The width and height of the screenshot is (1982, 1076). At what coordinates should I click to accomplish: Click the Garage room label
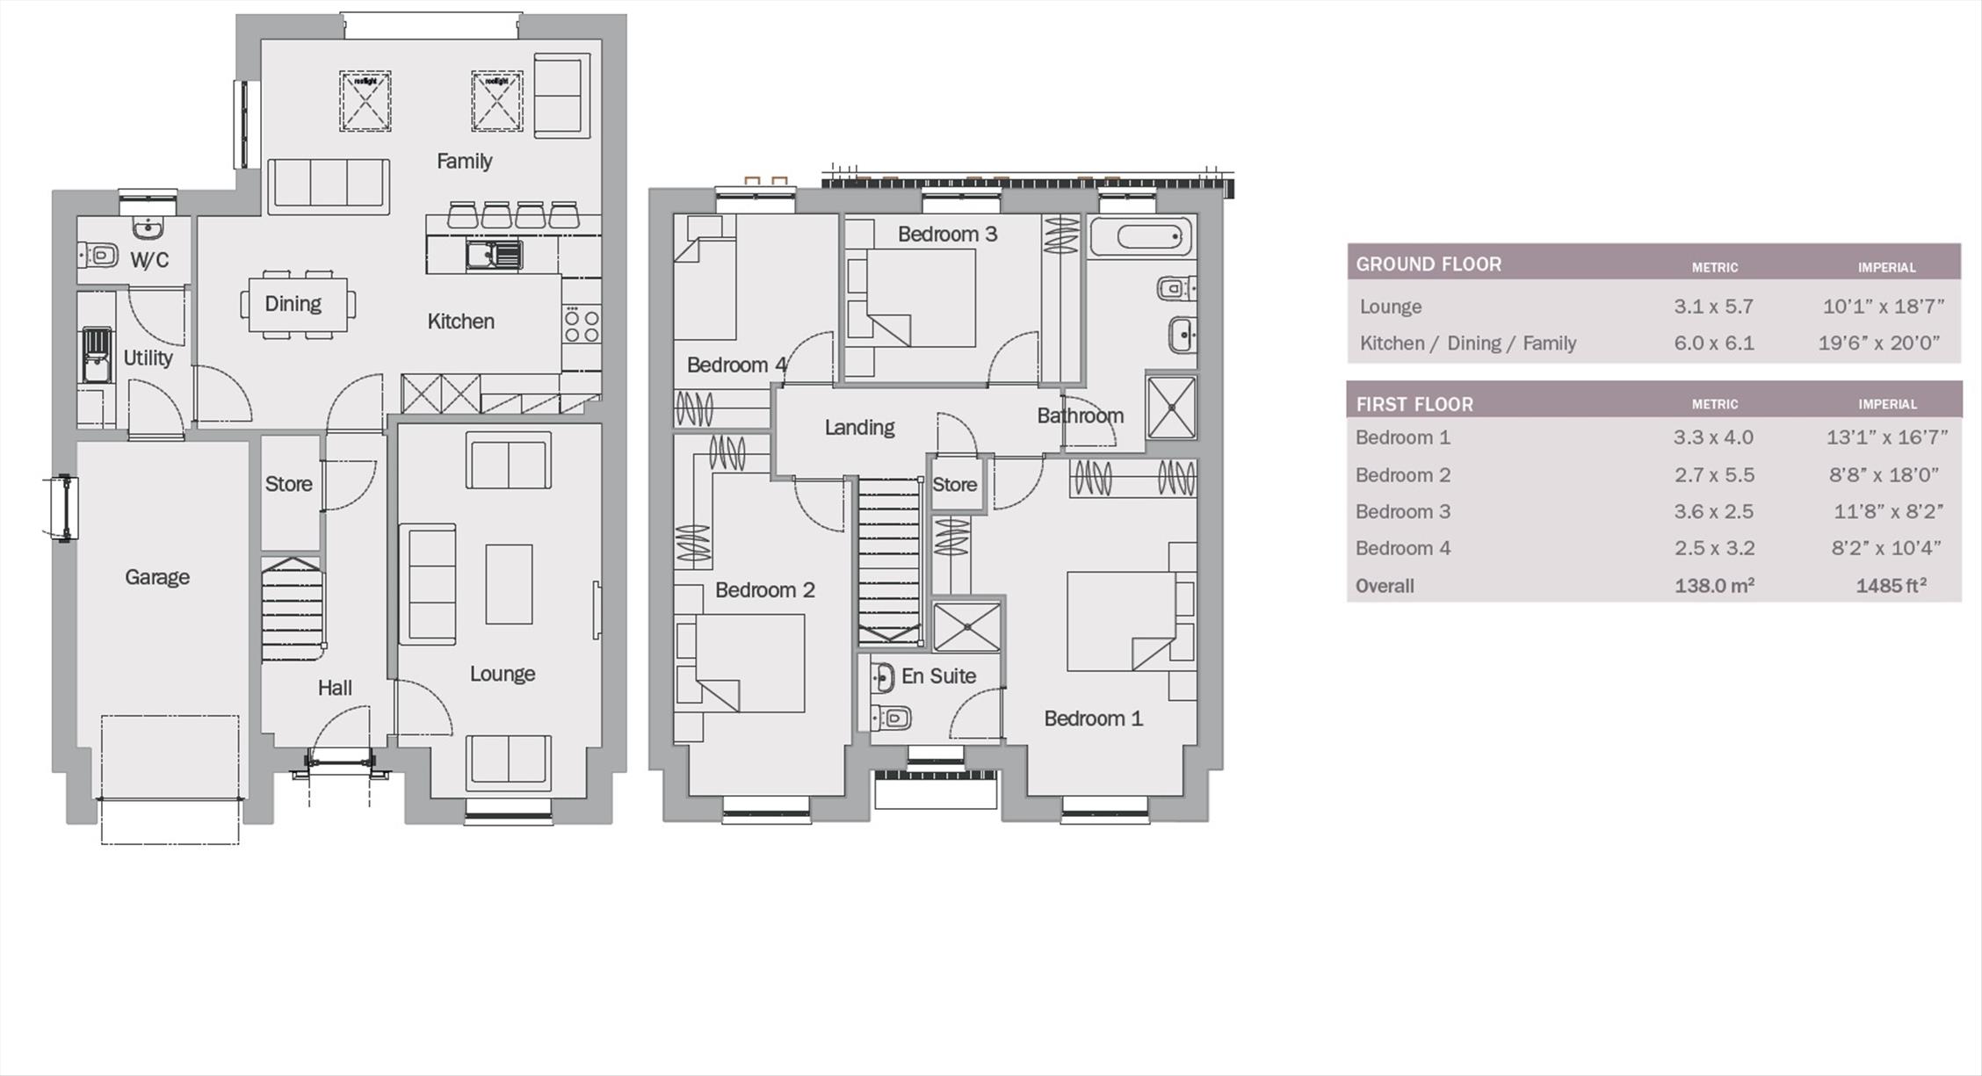[x=157, y=577]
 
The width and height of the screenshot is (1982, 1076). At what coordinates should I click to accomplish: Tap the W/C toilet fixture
[x=98, y=256]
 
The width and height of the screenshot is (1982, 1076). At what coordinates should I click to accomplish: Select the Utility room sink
[x=97, y=355]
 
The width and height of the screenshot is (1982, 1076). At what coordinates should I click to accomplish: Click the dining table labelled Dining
[x=298, y=305]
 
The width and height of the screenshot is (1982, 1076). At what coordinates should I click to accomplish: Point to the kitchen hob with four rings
[x=582, y=324]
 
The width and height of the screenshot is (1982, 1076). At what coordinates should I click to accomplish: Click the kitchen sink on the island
[x=495, y=255]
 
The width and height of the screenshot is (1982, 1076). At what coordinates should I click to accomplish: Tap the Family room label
[x=464, y=161]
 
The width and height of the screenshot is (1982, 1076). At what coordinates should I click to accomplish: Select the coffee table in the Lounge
[x=509, y=584]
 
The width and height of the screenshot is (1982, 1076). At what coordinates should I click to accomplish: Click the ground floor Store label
[x=289, y=484]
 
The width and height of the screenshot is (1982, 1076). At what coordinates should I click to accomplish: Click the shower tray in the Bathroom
[x=1171, y=407]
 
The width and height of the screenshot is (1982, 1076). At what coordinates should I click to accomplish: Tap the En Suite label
[x=938, y=675]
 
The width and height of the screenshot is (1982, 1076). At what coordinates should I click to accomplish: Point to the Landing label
[x=859, y=428]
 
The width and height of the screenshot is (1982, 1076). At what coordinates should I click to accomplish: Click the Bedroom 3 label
[x=947, y=234]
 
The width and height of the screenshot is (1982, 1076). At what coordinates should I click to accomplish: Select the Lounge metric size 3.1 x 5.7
[x=1713, y=307]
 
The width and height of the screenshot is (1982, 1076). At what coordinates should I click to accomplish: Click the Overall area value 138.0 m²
[x=1714, y=585]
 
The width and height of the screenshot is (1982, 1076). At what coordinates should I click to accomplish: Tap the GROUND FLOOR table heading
[x=1429, y=264]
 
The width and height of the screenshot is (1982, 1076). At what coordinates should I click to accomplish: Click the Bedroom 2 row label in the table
[x=1403, y=475]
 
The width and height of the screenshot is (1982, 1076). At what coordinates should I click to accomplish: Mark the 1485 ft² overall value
[x=1892, y=585]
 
